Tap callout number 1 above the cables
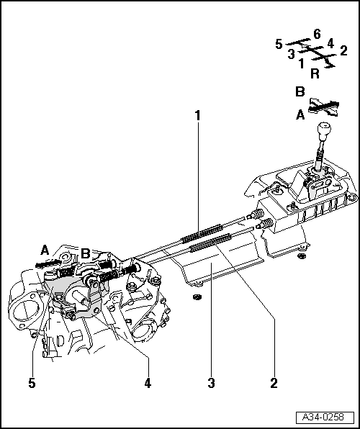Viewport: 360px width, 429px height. [x=198, y=115]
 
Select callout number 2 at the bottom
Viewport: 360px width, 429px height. [x=274, y=384]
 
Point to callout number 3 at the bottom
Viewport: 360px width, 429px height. [x=211, y=384]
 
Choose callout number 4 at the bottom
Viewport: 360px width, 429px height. [x=148, y=384]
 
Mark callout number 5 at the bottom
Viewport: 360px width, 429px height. [x=32, y=384]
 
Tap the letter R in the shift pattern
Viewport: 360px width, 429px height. [x=315, y=73]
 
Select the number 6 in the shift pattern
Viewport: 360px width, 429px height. [x=317, y=35]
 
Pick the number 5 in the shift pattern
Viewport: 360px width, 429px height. [x=279, y=44]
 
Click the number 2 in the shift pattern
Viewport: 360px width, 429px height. [x=343, y=50]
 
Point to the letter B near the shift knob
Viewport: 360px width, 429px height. [x=300, y=91]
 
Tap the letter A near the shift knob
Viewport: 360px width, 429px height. [x=300, y=115]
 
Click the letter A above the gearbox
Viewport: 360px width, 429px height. [x=45, y=250]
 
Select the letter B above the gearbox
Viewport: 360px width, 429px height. [x=86, y=253]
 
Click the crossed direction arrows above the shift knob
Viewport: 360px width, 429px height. [x=324, y=107]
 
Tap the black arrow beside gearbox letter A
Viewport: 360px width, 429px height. [x=48, y=263]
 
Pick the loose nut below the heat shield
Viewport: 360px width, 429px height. [x=196, y=297]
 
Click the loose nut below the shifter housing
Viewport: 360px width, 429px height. [x=302, y=256]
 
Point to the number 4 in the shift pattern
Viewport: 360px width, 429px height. [x=330, y=43]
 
